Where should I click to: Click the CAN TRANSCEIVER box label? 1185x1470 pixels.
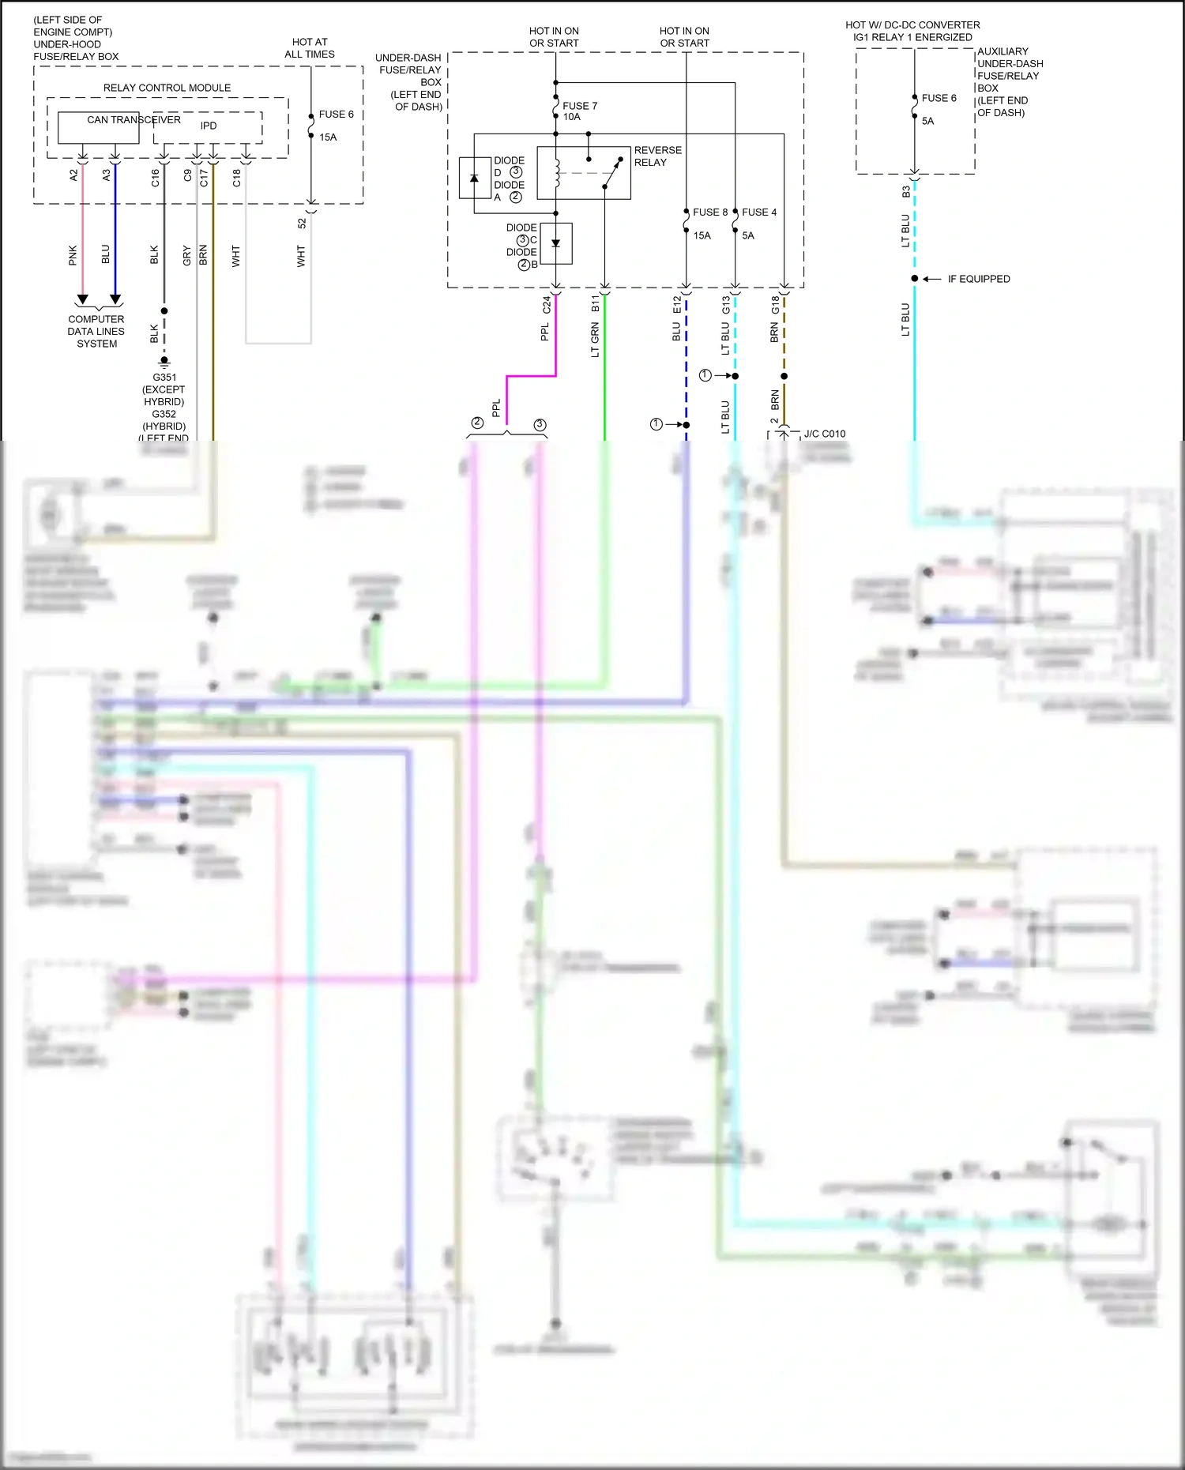134,120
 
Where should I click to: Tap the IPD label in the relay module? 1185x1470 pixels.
209,126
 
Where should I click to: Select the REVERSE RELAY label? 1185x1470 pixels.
657,156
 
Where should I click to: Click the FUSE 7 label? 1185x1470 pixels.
580,106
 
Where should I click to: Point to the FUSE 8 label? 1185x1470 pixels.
710,212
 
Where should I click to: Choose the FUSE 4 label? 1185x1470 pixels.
759,212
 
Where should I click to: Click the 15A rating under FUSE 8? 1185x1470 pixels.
702,235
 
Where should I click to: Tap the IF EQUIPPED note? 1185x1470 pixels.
979,279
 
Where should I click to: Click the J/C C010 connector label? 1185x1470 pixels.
825,434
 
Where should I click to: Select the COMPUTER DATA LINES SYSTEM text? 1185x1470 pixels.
96,332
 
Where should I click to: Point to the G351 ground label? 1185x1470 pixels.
164,378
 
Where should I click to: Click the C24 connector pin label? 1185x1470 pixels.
547,305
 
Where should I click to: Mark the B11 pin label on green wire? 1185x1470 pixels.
596,304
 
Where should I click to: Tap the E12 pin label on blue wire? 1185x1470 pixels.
677,305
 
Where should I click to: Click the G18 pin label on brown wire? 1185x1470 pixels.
775,305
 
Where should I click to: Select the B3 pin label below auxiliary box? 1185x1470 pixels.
906,192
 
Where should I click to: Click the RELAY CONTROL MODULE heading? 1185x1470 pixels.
167,88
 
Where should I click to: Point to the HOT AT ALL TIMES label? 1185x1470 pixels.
310,48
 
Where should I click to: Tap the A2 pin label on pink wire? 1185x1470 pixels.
73,175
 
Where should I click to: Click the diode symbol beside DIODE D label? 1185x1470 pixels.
474,179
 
